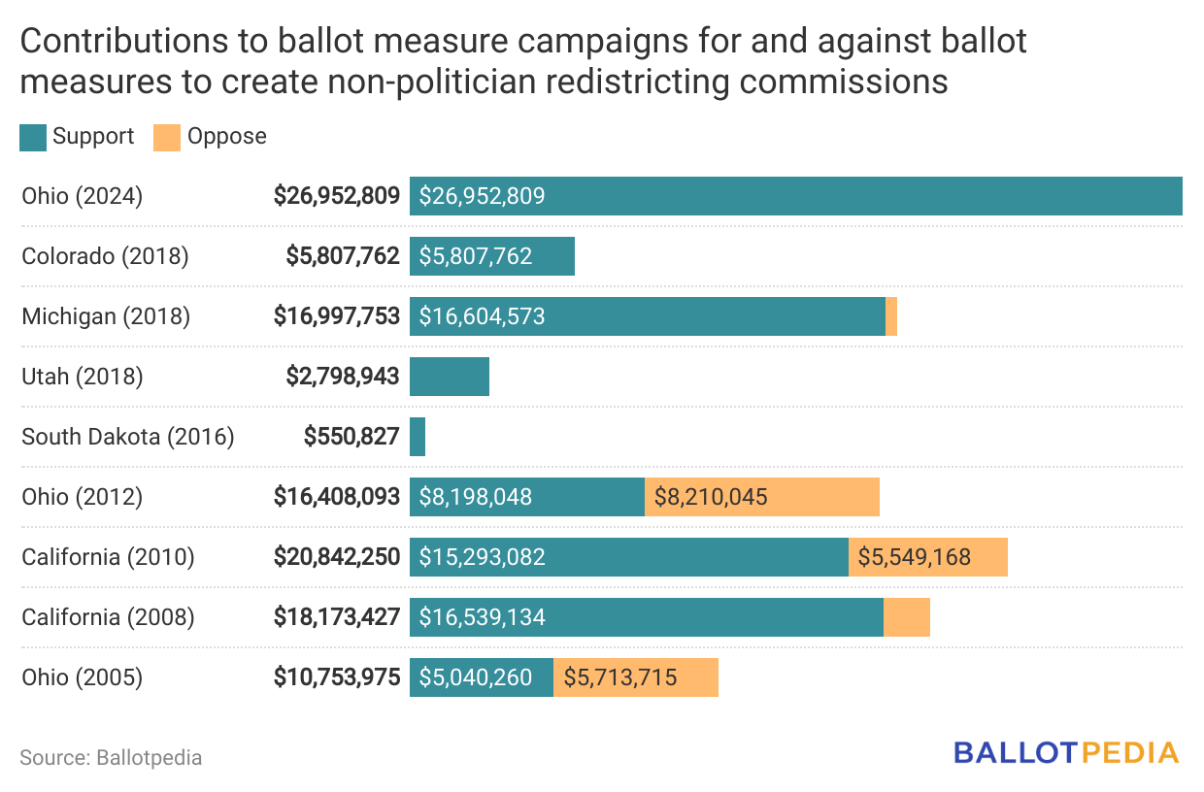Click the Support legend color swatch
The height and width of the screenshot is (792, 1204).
(33, 137)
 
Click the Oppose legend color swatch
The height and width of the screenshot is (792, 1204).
(167, 137)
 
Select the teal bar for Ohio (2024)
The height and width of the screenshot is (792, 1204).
(795, 196)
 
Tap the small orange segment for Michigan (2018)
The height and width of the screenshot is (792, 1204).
(891, 316)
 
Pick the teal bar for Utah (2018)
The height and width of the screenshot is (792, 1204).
(450, 377)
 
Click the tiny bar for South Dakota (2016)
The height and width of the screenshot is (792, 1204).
(418, 437)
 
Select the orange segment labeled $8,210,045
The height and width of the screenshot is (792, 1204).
(762, 497)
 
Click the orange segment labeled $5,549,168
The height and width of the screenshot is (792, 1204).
(928, 557)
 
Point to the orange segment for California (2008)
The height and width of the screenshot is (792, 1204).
(907, 617)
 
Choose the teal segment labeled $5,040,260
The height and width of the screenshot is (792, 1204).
(482, 677)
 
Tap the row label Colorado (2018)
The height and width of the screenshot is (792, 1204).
(105, 256)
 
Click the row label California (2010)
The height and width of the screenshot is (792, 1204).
(108, 557)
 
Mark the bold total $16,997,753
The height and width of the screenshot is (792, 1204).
(337, 316)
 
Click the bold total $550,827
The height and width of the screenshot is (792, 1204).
(351, 437)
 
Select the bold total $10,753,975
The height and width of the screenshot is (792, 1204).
(337, 677)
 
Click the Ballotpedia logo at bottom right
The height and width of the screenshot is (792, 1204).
(1065, 752)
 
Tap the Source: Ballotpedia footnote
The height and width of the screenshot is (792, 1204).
(111, 757)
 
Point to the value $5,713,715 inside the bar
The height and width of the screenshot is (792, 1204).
(620, 677)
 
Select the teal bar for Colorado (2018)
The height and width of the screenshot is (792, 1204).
(492, 256)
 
